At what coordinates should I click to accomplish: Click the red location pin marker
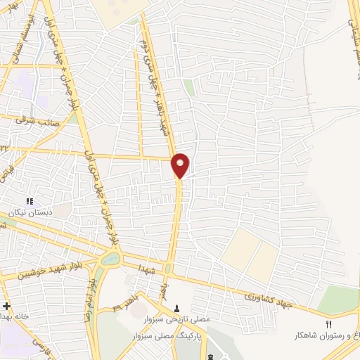pyautogui.click(x=181, y=164)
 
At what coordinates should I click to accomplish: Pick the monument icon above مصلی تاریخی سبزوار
pyautogui.click(x=177, y=308)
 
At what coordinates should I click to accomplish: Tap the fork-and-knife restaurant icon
pyautogui.click(x=328, y=323)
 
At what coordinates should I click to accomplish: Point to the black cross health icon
pyautogui.click(x=6, y=307)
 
